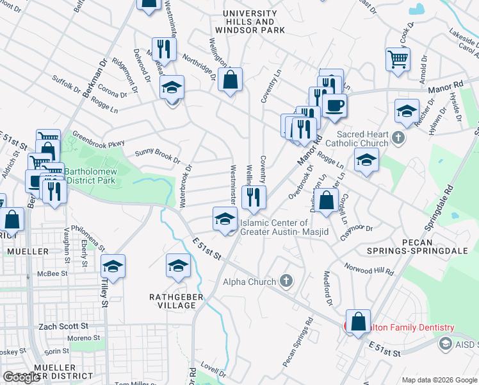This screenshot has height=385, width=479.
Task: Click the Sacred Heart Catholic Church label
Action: pyautogui.click(x=362, y=139)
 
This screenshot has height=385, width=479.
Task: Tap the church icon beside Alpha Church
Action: pyautogui.click(x=286, y=281)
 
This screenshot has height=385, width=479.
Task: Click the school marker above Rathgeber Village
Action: pyautogui.click(x=178, y=266)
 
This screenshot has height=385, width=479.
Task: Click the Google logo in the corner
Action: pyautogui.click(x=21, y=377)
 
